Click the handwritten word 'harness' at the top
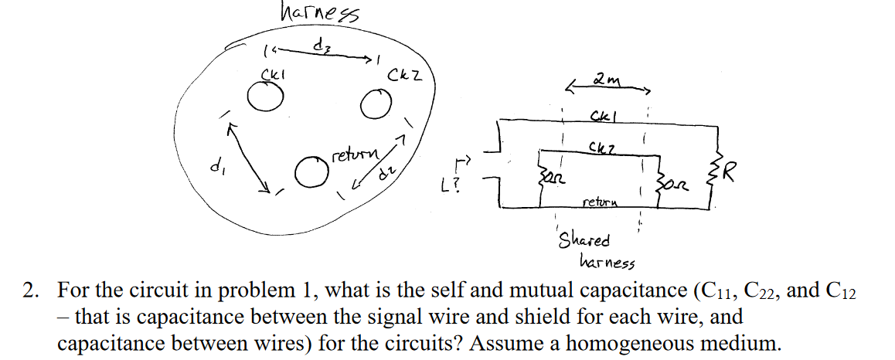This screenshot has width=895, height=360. (x=313, y=13)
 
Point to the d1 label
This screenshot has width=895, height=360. (x=214, y=165)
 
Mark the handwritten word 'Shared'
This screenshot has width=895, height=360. (x=584, y=240)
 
